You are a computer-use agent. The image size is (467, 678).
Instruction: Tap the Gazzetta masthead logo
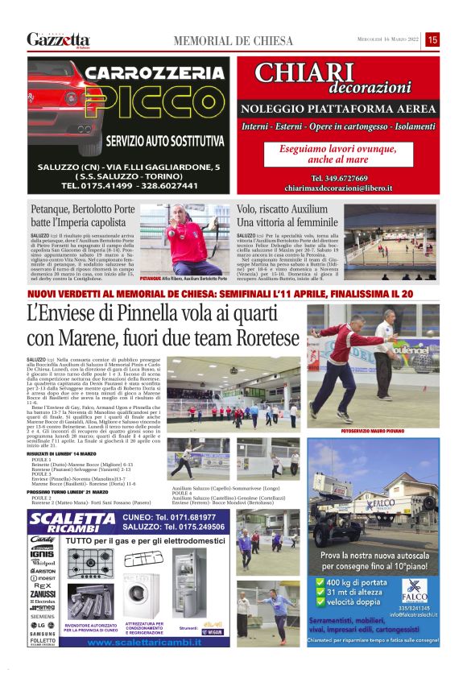[x=58, y=39]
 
